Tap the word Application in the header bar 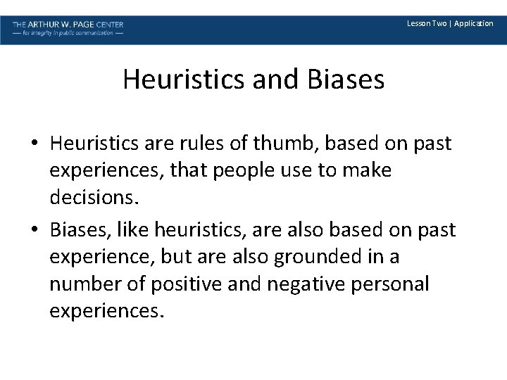click(x=474, y=23)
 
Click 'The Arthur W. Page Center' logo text click(x=68, y=23)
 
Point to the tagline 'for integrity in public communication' click(x=68, y=33)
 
